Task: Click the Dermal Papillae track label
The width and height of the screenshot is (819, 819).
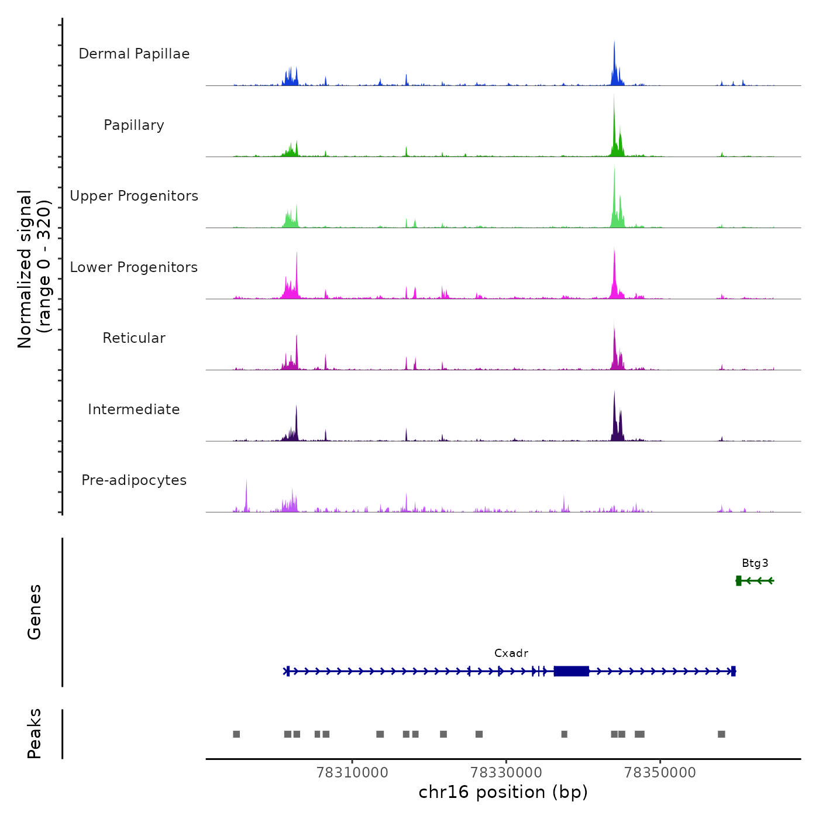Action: click(134, 54)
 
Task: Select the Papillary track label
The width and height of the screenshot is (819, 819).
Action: click(134, 125)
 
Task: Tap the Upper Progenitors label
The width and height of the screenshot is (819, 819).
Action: click(134, 196)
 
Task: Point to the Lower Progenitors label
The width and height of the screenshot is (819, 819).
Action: click(134, 267)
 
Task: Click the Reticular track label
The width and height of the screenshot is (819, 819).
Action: click(134, 338)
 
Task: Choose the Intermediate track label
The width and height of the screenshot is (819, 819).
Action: click(134, 409)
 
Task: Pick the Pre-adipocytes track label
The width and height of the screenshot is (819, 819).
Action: click(134, 480)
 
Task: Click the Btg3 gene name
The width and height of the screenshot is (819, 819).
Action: click(755, 563)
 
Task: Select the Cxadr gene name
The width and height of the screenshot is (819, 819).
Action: click(511, 653)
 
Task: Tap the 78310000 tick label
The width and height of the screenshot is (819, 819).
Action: click(352, 773)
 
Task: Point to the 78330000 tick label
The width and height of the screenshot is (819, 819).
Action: click(506, 773)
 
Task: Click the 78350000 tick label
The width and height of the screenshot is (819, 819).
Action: click(660, 773)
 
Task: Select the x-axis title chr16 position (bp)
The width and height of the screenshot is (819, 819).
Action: click(503, 792)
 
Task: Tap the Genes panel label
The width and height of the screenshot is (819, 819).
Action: click(35, 612)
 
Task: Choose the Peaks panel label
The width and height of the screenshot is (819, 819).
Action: click(35, 734)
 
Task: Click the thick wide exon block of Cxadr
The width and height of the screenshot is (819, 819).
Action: click(571, 671)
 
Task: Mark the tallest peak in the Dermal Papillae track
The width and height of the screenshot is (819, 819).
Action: click(614, 44)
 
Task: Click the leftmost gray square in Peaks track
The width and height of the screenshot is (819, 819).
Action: click(236, 734)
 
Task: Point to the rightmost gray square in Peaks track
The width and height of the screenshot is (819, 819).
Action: click(721, 734)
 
